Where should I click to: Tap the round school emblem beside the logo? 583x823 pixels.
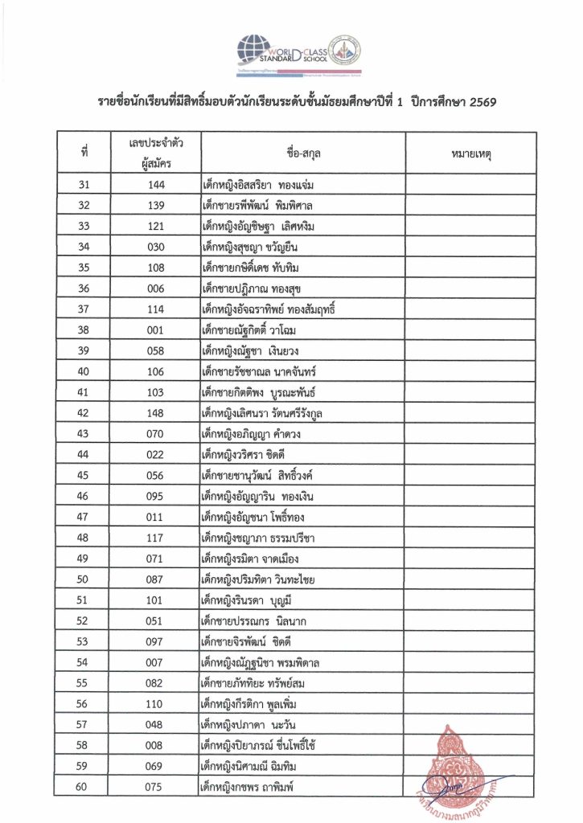point(347,50)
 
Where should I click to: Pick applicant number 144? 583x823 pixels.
point(156,185)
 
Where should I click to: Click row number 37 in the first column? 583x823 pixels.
point(84,309)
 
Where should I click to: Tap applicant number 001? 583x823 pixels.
point(156,330)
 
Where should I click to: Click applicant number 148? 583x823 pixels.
point(156,413)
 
